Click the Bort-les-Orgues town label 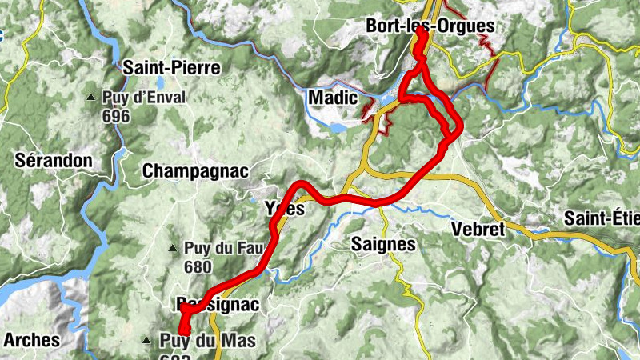[x=430, y=26]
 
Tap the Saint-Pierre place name [x=170, y=68]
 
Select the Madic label [x=332, y=98]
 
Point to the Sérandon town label [x=54, y=160]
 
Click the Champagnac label [x=195, y=171]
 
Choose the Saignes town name [x=383, y=244]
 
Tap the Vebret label [x=478, y=229]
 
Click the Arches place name [x=31, y=339]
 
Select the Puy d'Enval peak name [x=144, y=98]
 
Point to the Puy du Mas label [x=207, y=342]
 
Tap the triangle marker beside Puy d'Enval [x=91, y=98]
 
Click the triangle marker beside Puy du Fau [x=172, y=248]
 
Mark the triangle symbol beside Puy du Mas [x=146, y=340]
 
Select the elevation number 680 [x=196, y=267]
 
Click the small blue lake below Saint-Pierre [x=159, y=82]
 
